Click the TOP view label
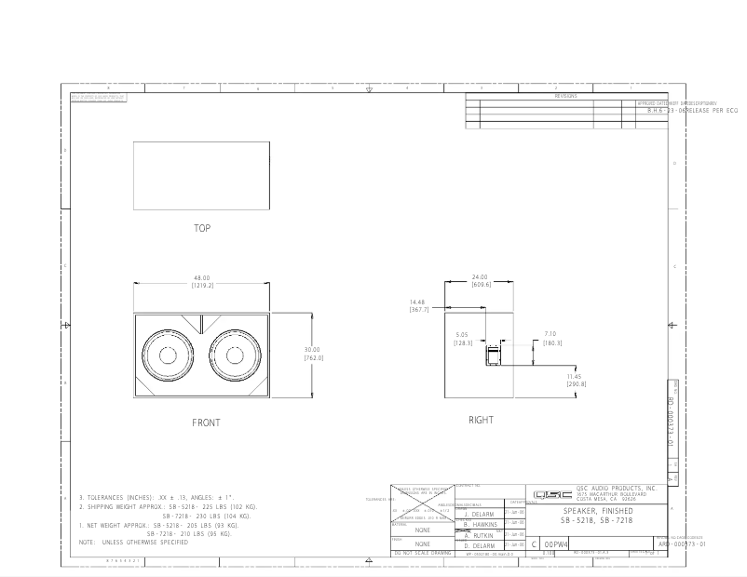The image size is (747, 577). pos(202,228)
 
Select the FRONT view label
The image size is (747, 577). pos(206,423)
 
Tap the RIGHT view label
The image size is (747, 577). pos(481,420)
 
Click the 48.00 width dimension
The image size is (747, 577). pos(201,278)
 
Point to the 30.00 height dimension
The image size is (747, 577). pos(311,350)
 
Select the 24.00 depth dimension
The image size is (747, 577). pos(481,276)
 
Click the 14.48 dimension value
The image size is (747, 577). pos(418,302)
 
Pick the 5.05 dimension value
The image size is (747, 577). pos(463,335)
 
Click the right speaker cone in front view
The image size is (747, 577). pos(233,356)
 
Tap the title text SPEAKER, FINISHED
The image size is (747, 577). pos(597,511)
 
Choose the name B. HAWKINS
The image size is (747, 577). pos(478,525)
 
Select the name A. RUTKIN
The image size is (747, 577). pos(478,535)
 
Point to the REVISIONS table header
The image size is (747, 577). pos(565,96)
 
